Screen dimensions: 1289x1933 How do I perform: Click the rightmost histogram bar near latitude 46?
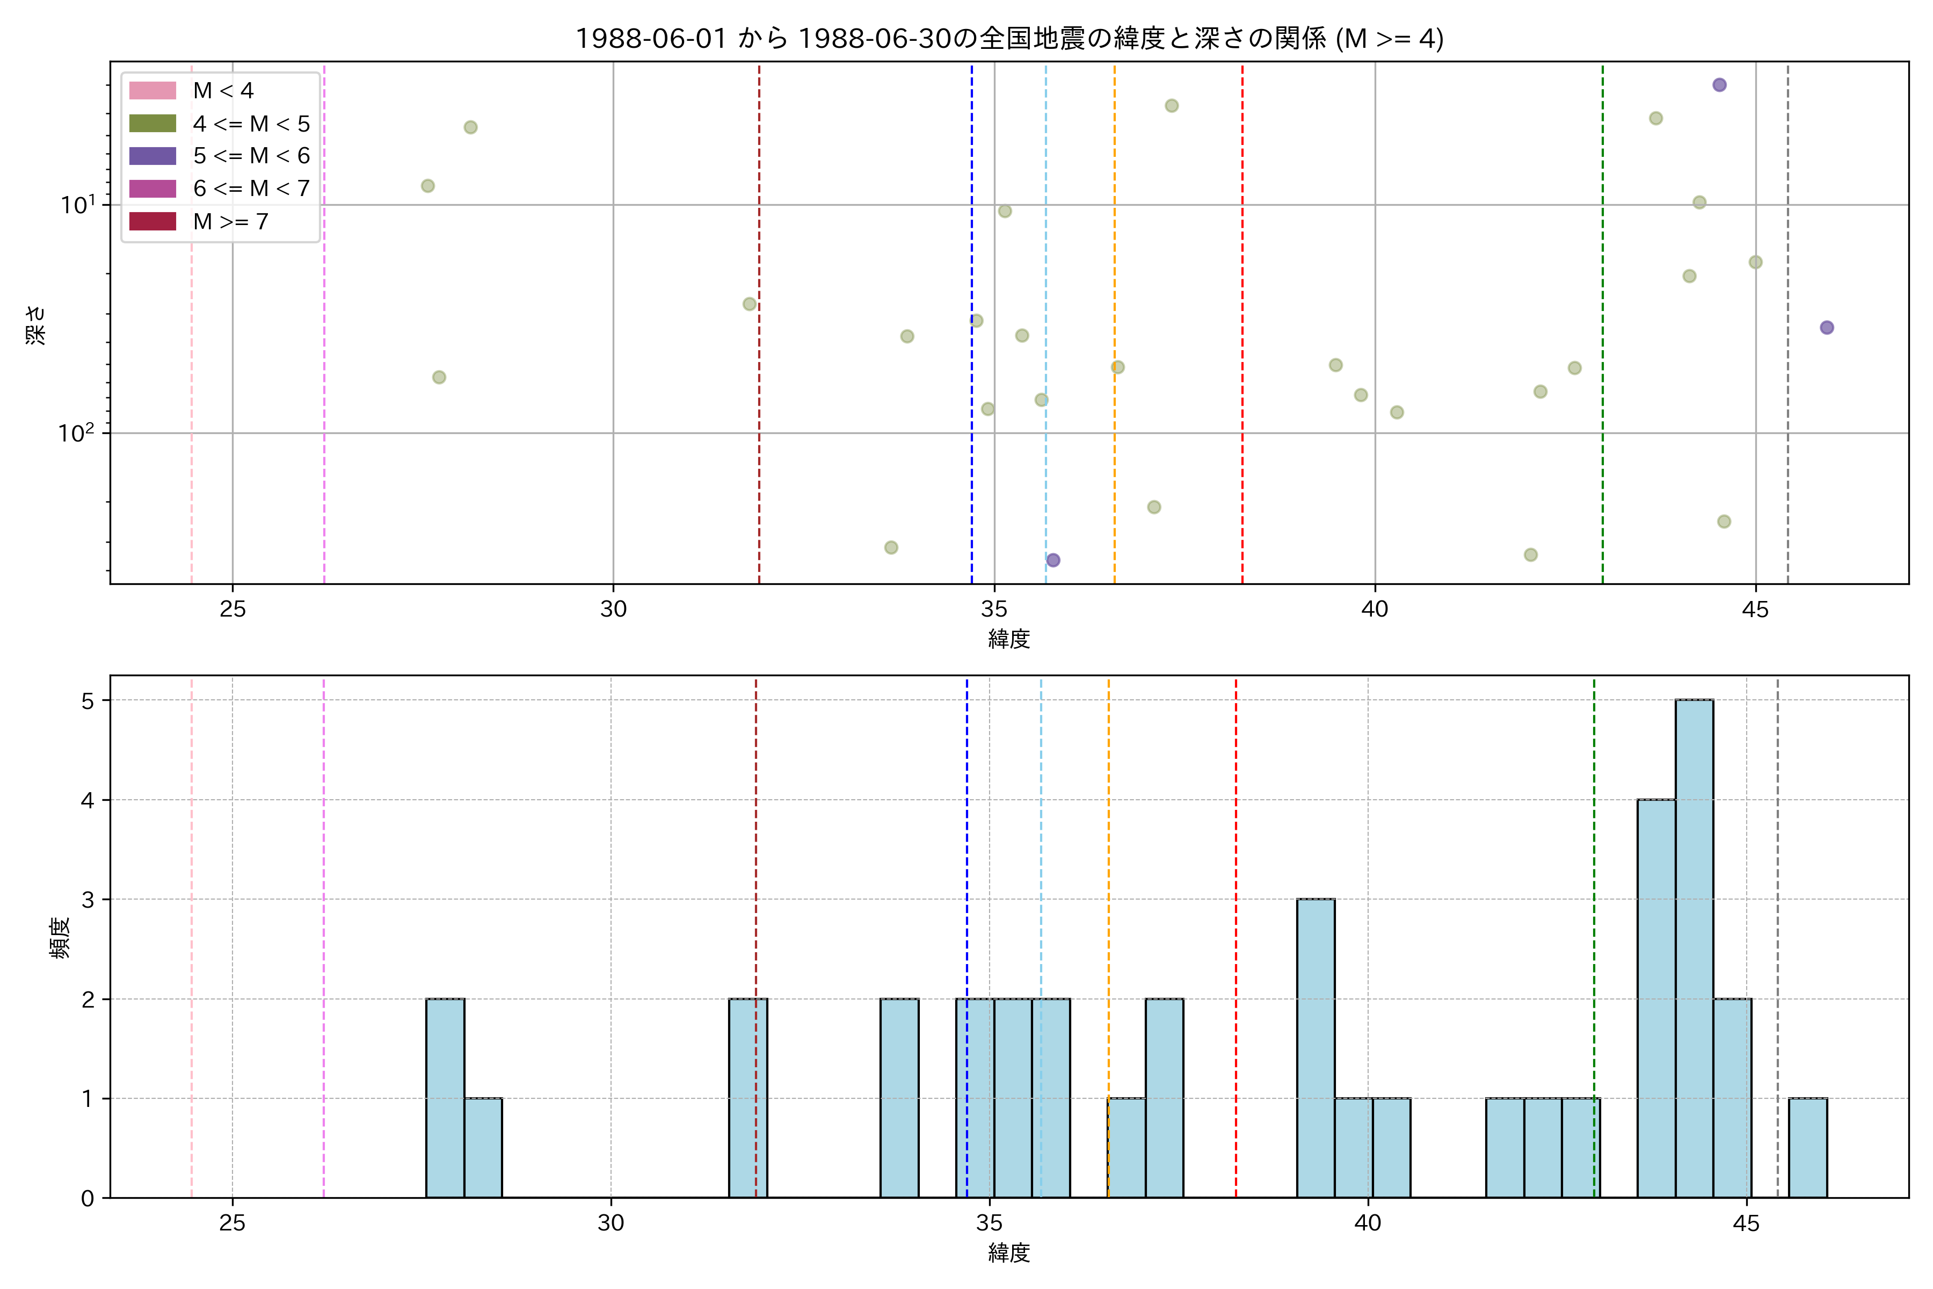[1807, 1148]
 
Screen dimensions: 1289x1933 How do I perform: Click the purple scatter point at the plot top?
[1719, 85]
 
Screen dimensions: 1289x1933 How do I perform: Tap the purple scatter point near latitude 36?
[1053, 560]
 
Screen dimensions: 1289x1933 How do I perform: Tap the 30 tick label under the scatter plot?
[613, 609]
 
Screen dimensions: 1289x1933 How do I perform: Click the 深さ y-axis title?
[35, 325]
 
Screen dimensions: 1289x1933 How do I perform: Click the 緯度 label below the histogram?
[1008, 1253]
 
